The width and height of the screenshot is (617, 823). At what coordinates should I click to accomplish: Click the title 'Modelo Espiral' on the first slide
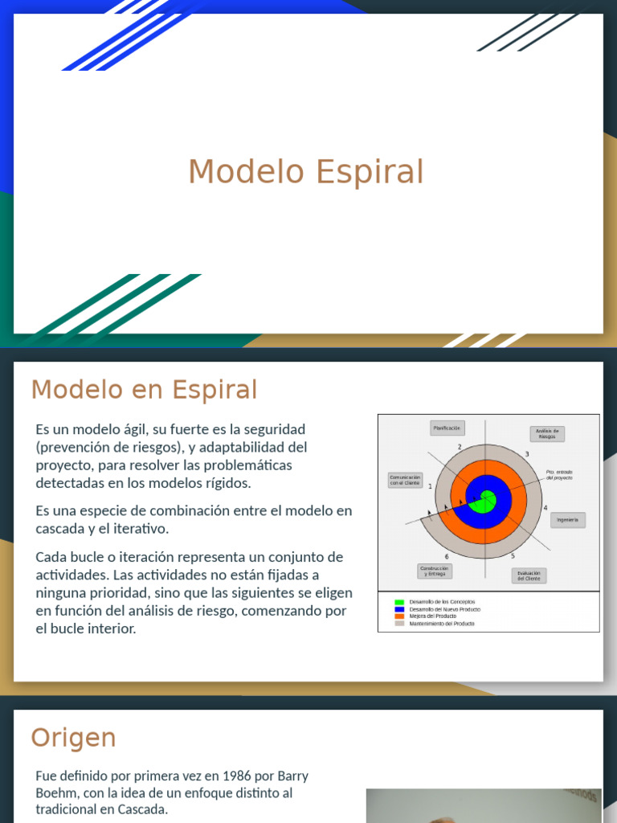click(305, 172)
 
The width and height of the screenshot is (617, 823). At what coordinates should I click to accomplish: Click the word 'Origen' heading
click(73, 738)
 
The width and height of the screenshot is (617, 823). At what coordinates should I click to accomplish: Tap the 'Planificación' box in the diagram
click(447, 428)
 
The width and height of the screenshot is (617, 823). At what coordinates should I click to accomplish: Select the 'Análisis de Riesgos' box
click(547, 434)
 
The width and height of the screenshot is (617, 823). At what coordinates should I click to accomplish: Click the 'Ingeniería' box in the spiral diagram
click(567, 520)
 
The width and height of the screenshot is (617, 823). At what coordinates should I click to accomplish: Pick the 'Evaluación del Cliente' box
click(529, 575)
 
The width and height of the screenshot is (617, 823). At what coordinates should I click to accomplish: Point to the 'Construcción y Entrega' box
click(434, 571)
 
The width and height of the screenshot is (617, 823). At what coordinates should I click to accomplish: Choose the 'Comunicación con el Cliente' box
click(405, 480)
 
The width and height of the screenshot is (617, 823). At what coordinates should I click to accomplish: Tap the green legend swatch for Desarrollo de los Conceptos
click(399, 602)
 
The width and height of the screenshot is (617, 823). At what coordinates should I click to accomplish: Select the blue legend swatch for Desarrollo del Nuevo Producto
click(399, 609)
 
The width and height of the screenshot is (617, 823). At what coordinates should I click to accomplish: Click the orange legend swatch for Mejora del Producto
click(399, 616)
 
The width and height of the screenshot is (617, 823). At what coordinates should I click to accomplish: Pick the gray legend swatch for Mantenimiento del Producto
click(399, 624)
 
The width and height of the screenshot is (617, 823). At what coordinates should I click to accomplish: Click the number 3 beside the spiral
click(527, 455)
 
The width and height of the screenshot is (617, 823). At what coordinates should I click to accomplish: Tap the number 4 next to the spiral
click(545, 508)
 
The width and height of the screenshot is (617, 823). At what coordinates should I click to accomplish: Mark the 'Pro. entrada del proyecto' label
click(559, 475)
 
